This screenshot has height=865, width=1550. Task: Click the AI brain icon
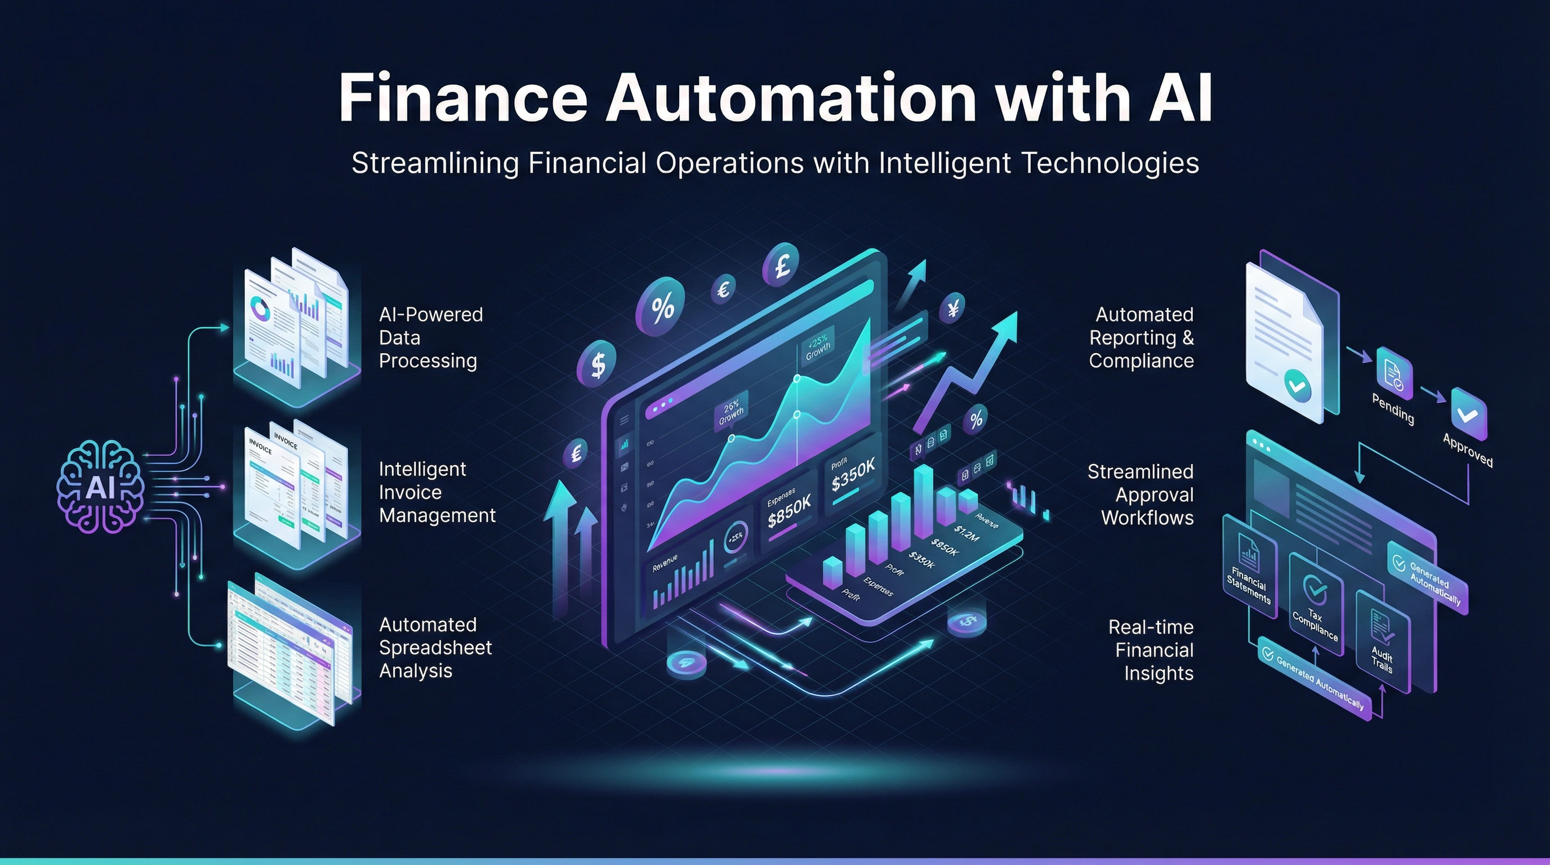(100, 487)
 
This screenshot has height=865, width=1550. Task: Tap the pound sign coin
(781, 265)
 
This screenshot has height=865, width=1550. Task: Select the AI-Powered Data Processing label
(430, 337)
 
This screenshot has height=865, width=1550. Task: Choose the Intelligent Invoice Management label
(437, 492)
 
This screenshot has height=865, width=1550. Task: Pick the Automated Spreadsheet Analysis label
(435, 647)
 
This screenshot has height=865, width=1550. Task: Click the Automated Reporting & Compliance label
(1142, 337)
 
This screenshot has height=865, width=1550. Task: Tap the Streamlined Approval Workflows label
(1140, 494)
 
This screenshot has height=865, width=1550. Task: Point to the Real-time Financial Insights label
(1151, 650)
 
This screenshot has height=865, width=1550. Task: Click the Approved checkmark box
(1469, 414)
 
